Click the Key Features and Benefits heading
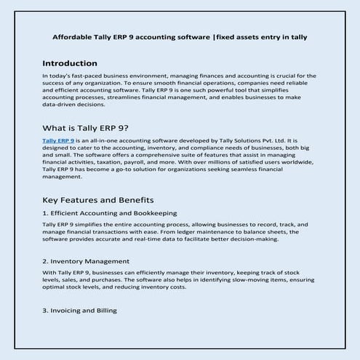click(97, 199)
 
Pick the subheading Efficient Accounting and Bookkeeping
click(109, 213)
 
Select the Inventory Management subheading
click(86, 260)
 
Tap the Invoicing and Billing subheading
click(79, 311)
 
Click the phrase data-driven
click(62, 104)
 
